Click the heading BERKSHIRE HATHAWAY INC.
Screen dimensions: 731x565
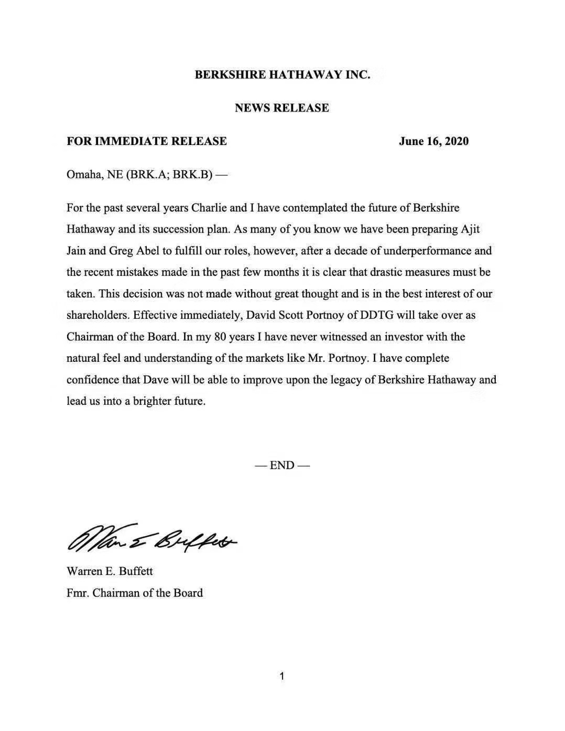point(282,74)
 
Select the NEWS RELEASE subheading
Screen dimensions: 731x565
point(282,108)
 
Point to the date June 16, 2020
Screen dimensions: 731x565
point(433,141)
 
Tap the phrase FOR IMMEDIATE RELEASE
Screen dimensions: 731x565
point(147,141)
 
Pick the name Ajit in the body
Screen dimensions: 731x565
point(470,229)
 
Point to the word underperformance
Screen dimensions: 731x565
point(427,250)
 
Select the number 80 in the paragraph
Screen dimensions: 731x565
point(221,337)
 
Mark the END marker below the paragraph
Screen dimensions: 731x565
point(282,465)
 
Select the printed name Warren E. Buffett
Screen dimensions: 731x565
point(110,571)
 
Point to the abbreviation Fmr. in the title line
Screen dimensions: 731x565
point(78,593)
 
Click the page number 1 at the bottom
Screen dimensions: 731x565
point(282,676)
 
